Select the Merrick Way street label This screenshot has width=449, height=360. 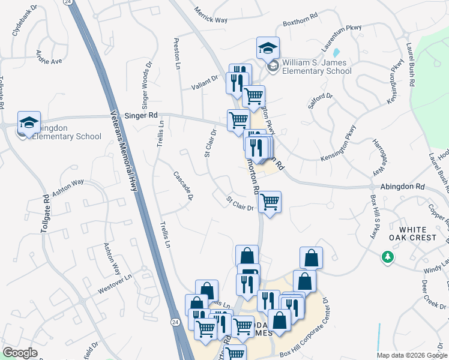(x=211, y=16)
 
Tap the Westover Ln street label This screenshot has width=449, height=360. (x=115, y=281)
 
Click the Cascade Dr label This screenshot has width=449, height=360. (x=183, y=185)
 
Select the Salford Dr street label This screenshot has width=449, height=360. (x=320, y=99)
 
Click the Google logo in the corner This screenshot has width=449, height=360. (x=20, y=352)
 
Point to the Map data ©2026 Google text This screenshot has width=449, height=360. (x=412, y=355)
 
